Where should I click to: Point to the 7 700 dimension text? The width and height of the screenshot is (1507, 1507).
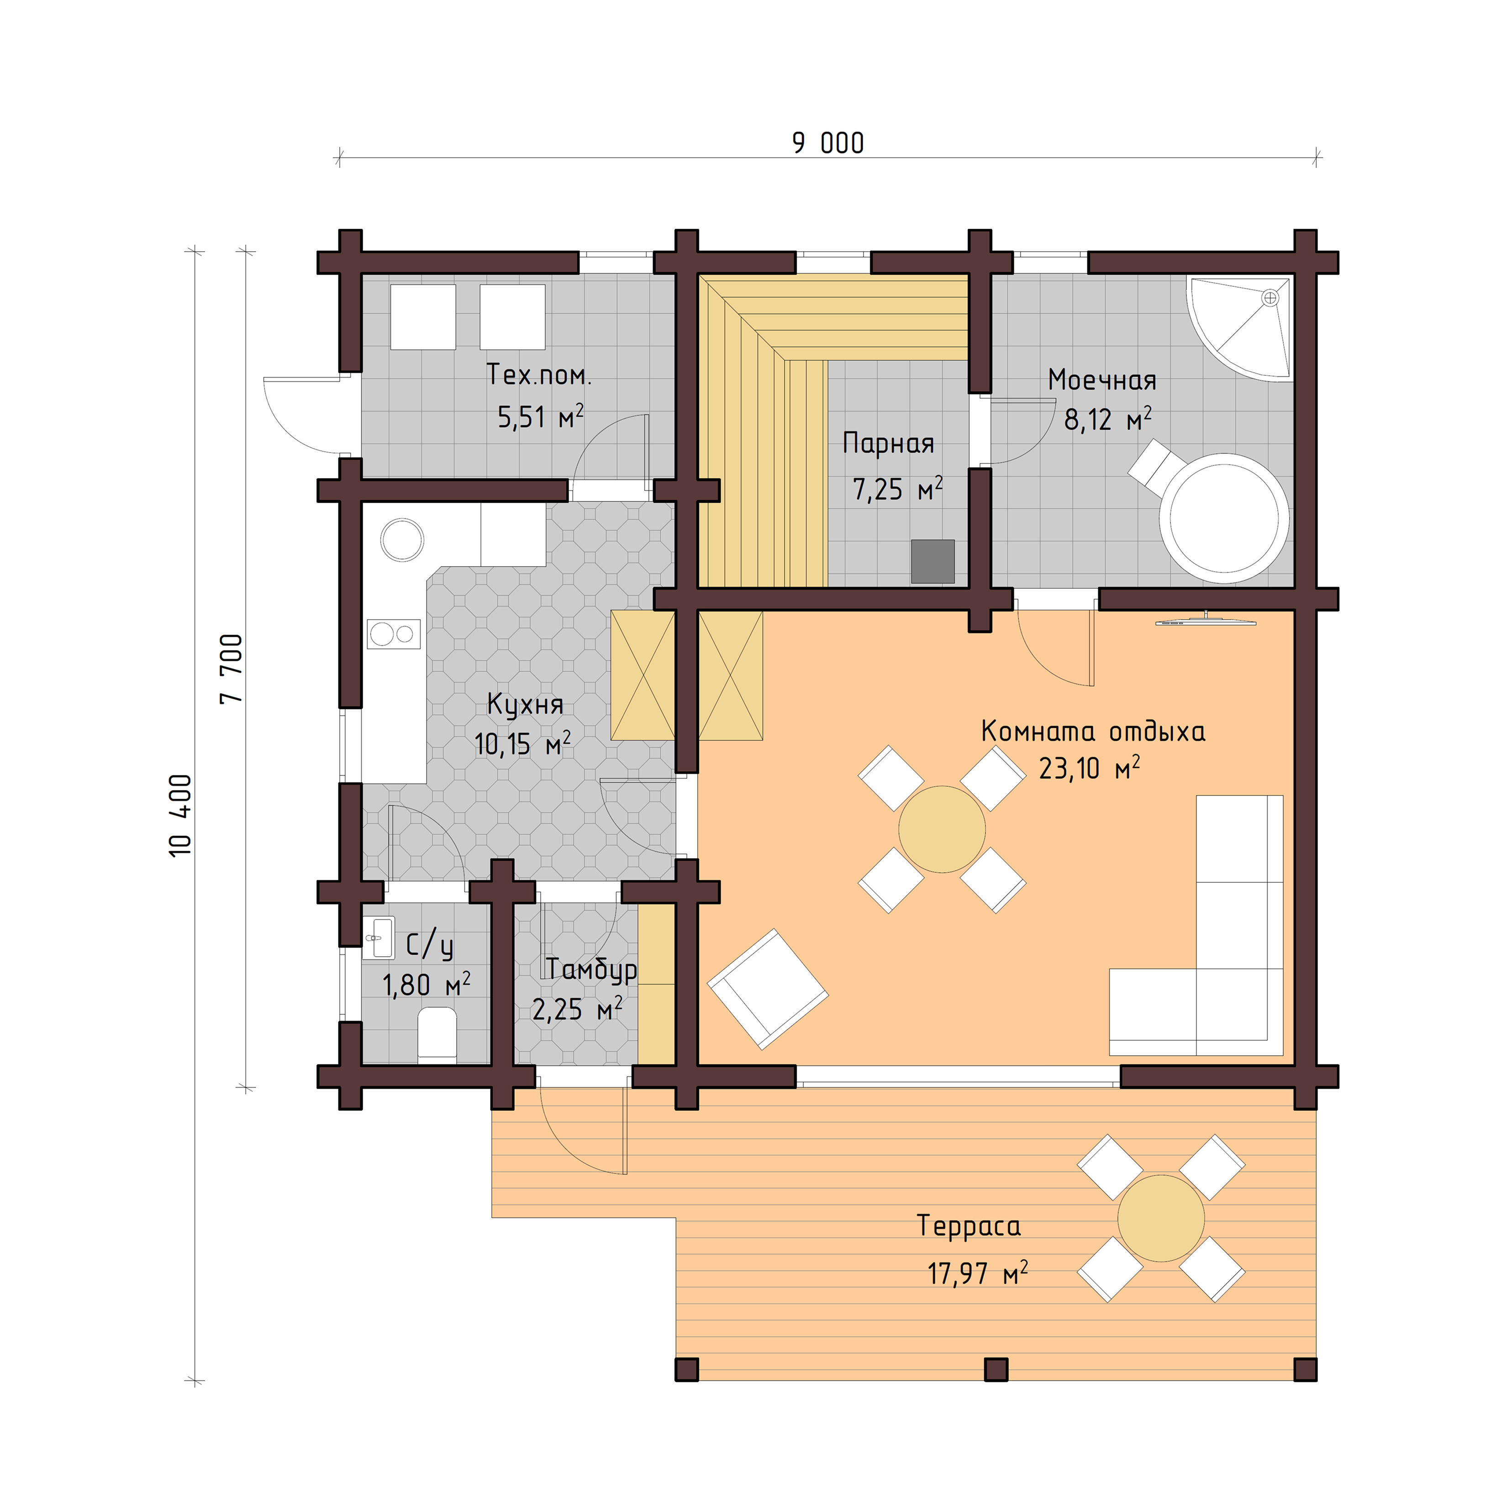coord(232,669)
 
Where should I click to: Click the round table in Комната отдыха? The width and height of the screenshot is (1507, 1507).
coord(942,829)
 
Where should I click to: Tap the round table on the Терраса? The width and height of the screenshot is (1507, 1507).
coord(1161,1218)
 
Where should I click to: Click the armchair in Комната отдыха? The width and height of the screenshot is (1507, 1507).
coord(768,989)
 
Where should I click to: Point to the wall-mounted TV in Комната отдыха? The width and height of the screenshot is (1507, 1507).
coord(1205,621)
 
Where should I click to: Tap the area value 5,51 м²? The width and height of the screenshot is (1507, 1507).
coord(540,417)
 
